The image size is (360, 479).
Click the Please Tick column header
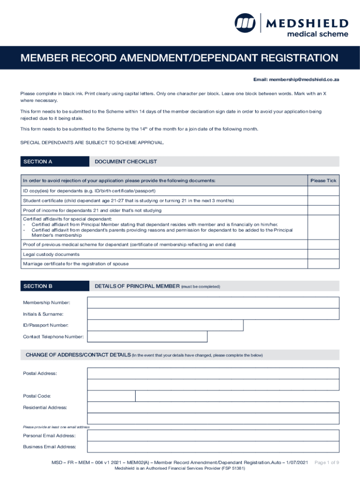coord(323,181)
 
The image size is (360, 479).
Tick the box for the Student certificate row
coord(323,201)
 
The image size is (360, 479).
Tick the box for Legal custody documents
coord(323,254)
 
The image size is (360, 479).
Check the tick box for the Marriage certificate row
coord(323,264)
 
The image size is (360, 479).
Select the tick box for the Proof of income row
coord(323,210)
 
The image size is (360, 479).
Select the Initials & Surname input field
coord(213,314)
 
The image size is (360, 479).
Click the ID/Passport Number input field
coord(165,326)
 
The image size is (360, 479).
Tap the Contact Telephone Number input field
coord(147,337)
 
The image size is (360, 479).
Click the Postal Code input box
coord(111,396)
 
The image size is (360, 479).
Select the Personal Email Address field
coord(213,435)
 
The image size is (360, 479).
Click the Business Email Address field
coord(213,447)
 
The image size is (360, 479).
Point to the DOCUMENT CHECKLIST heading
coord(126,162)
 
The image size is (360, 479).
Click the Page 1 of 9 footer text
coord(326,462)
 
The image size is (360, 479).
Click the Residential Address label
coord(45,407)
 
